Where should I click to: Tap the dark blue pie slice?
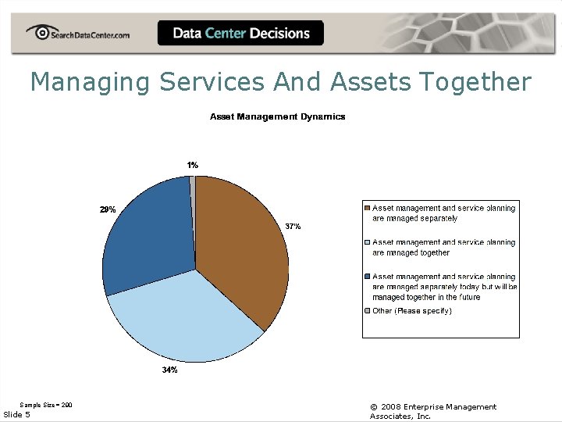(148, 234)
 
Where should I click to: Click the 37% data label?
(293, 226)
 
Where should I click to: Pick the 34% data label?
(169, 370)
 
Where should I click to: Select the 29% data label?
(108, 209)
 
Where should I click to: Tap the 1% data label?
(192, 165)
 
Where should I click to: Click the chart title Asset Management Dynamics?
(277, 116)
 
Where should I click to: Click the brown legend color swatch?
(368, 209)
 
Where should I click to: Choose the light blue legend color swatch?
(368, 243)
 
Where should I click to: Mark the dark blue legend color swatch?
(368, 277)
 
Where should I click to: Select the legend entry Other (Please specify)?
(412, 311)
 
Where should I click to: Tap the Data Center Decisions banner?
(240, 33)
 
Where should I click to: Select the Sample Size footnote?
(46, 405)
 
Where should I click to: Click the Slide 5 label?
(17, 414)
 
